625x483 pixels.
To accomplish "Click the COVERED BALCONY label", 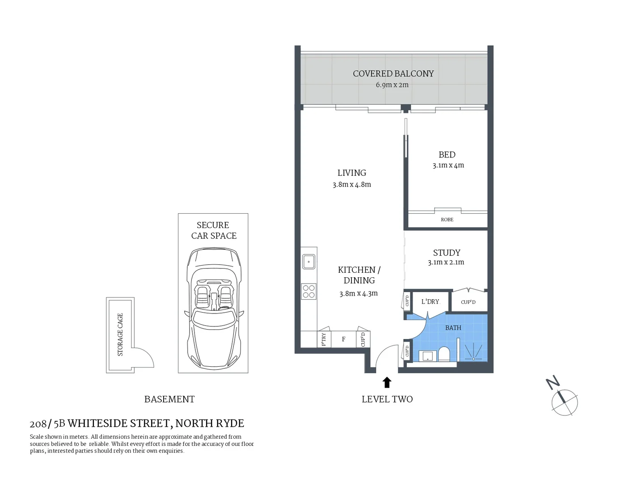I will coord(393,74).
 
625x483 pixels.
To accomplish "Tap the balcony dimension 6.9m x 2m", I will coord(392,85).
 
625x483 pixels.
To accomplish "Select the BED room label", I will coord(447,155).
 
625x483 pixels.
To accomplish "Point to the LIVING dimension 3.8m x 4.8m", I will coord(351,185).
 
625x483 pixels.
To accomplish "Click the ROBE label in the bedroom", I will coord(447,220).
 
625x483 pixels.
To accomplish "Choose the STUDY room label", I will coord(446,253).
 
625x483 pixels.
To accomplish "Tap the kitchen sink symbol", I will coord(308,262).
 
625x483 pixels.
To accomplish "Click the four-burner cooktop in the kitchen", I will coord(308,292).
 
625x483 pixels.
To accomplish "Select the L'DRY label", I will coord(430,302).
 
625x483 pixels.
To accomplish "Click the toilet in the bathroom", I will coord(443,354).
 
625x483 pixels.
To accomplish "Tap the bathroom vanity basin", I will coord(428,356).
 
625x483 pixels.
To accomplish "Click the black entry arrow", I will coord(387,382).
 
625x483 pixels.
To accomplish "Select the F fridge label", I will coord(343,339).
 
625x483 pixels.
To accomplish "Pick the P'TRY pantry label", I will coord(324,339).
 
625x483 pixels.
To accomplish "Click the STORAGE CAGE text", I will coord(120,335).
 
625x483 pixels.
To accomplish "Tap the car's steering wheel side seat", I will coord(203,295).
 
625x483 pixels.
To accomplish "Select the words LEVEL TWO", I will coord(387,399).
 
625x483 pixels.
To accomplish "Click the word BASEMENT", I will coord(169,399).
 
